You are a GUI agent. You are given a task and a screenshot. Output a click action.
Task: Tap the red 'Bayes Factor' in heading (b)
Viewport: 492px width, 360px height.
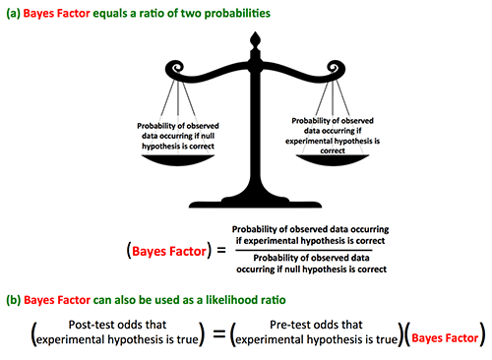coord(59,296)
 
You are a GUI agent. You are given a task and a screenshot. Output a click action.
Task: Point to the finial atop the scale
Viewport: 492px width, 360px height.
coord(256,41)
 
